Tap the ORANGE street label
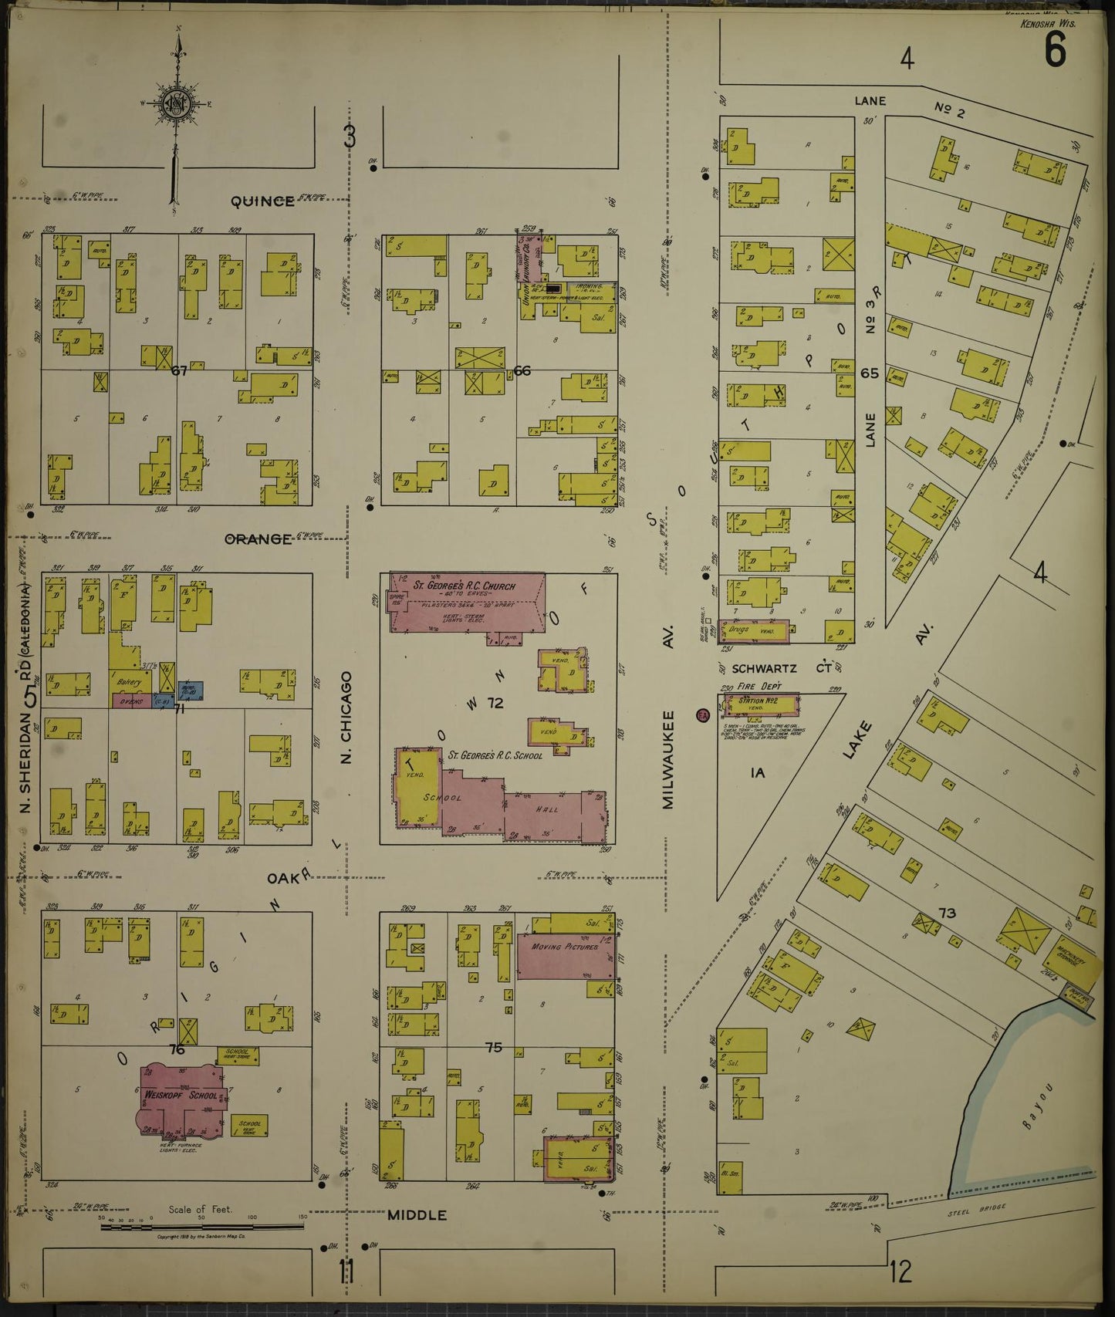point(258,539)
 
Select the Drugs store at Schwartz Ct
point(752,630)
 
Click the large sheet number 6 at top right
point(1055,53)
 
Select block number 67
point(179,372)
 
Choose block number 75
point(494,1048)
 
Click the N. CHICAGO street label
point(346,718)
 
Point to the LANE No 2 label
point(911,103)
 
